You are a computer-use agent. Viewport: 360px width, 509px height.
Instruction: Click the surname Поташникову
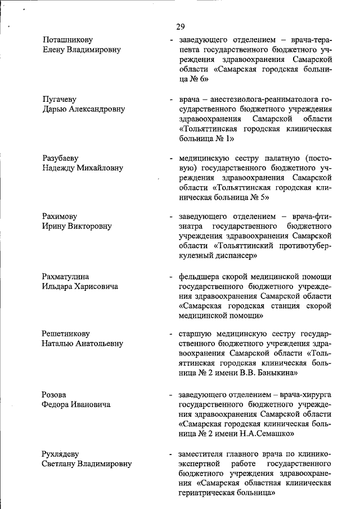click(67, 40)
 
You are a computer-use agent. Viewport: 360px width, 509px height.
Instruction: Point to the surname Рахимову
click(60, 217)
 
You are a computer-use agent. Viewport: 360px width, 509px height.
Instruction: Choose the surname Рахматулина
click(66, 277)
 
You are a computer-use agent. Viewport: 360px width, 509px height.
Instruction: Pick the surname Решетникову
click(66, 335)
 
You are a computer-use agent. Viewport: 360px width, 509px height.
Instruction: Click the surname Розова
click(55, 395)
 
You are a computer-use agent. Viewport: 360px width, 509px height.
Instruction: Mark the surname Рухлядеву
click(64, 454)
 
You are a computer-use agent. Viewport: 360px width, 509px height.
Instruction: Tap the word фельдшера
click(201, 277)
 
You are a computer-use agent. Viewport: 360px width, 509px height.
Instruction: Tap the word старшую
click(196, 335)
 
